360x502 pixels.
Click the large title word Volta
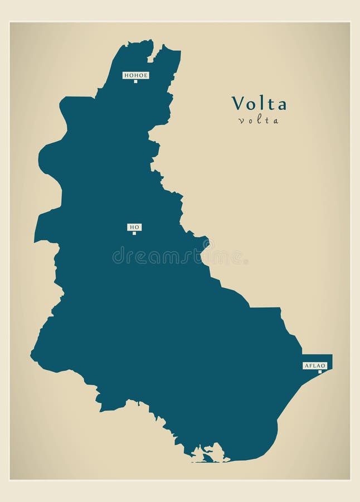point(259,103)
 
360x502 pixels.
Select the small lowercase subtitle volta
point(259,120)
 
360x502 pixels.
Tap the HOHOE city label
point(135,75)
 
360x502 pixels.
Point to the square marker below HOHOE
point(135,81)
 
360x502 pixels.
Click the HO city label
point(134,226)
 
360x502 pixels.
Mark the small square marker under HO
point(134,233)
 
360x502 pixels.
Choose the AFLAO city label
point(314,365)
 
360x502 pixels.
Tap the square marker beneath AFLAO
point(319,371)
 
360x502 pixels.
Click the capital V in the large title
point(237,103)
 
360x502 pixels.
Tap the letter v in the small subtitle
point(240,121)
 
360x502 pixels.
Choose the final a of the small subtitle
point(276,121)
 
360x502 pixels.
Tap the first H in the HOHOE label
point(126,75)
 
